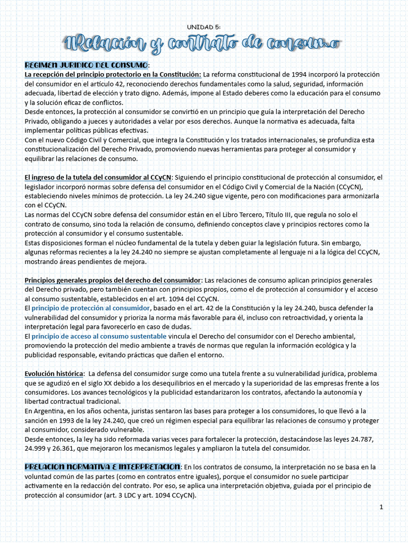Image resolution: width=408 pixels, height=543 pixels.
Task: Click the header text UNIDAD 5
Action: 204,27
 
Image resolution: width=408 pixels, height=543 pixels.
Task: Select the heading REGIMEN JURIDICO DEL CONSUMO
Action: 86,65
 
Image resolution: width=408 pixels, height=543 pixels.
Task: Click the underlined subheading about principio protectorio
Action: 113,74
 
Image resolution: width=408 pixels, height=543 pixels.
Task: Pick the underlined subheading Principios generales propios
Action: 113,280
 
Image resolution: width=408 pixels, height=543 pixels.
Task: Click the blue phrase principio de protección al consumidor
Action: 91,308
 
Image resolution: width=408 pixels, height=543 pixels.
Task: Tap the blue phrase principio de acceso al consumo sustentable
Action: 99,336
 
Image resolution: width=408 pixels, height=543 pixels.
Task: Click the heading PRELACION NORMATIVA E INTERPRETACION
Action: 103,467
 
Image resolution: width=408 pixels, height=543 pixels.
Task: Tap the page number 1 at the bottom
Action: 381,507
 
